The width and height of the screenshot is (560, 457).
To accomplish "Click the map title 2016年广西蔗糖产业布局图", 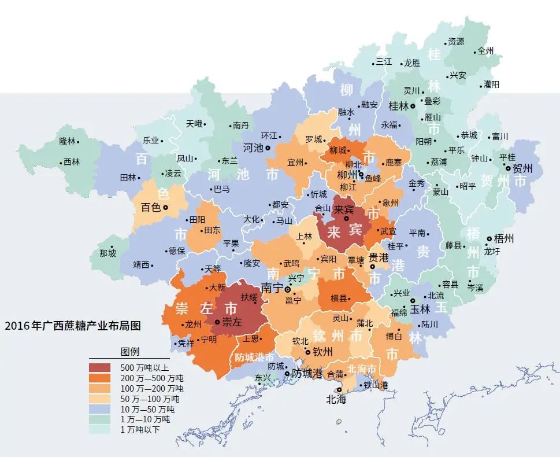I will [x=73, y=326].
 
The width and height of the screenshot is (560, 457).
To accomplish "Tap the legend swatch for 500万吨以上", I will [x=102, y=367].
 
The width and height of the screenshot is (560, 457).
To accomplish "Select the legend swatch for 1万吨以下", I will [x=102, y=429].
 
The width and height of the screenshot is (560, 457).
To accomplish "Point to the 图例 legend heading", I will [x=129, y=352].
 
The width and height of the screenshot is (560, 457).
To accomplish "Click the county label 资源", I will [x=456, y=42].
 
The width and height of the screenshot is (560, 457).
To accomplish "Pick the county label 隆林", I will [x=67, y=141].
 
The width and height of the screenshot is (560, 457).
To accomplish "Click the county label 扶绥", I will [x=249, y=297].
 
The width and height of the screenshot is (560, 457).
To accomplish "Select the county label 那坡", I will [x=107, y=253].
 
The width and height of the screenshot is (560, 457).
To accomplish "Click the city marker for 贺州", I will [x=508, y=168].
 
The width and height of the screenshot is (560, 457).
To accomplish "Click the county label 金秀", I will [x=417, y=183].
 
